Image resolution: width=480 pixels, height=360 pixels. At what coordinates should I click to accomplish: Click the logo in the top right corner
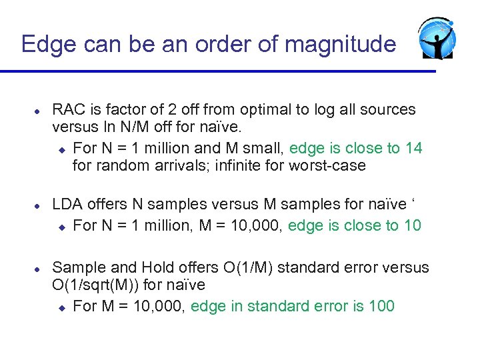(437, 38)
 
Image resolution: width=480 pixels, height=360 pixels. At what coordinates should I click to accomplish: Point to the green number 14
(413, 148)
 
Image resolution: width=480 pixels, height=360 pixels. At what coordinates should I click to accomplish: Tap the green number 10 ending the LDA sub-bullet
(412, 225)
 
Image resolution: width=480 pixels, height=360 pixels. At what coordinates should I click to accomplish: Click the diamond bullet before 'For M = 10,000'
(61, 307)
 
